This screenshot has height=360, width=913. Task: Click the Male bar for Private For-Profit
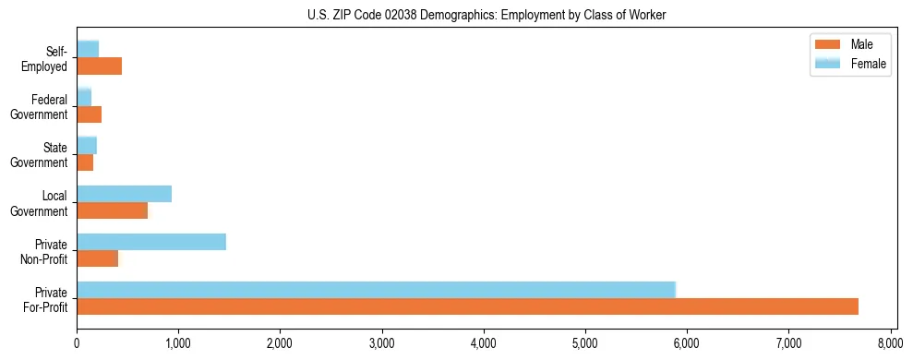(x=467, y=306)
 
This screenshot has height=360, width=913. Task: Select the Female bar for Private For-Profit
(x=376, y=289)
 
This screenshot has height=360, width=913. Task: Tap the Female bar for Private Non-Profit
(x=151, y=242)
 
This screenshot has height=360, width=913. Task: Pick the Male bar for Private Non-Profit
(x=97, y=258)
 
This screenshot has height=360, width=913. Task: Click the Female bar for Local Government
(x=124, y=194)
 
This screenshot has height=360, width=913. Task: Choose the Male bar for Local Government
(x=112, y=210)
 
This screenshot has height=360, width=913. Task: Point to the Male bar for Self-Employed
(x=99, y=66)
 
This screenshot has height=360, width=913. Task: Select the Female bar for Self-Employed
(x=88, y=49)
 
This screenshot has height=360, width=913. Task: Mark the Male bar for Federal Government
(x=89, y=114)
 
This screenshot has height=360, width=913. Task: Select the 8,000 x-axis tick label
(x=890, y=344)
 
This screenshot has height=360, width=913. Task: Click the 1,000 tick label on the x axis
(x=178, y=344)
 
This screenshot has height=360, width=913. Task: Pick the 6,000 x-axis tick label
(x=687, y=344)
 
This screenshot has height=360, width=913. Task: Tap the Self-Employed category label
(x=44, y=59)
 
